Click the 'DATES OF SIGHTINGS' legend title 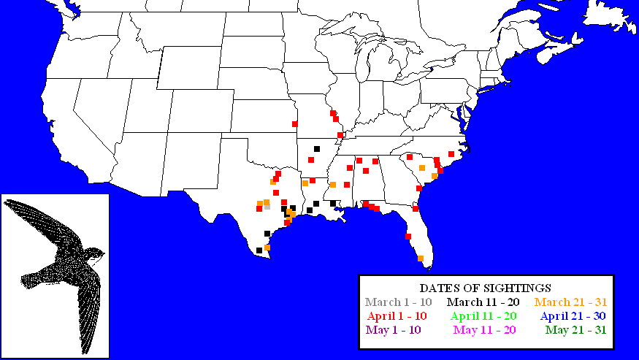pos(486,288)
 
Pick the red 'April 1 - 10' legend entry pos(402,316)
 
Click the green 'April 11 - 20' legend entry pos(484,316)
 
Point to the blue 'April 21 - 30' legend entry pos(572,316)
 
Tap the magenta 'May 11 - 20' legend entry pos(484,330)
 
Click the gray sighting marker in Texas pos(267,207)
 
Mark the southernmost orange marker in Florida pos(421,258)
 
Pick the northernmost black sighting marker pos(317,149)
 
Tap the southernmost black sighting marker pos(259,250)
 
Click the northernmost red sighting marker pos(332,113)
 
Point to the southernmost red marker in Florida pos(408,236)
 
